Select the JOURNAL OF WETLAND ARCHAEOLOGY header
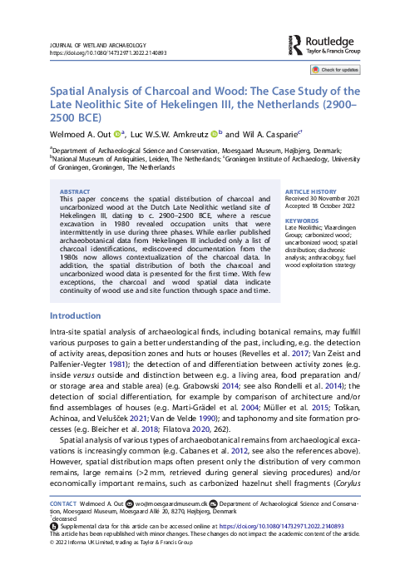[x=98, y=43]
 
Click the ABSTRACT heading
[x=77, y=191]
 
